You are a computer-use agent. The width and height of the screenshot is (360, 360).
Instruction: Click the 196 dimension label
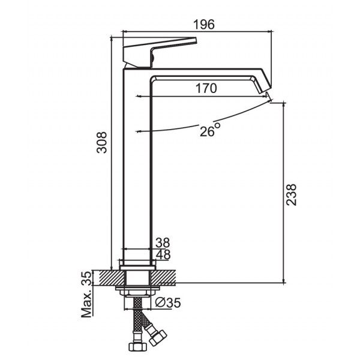pos(204,25)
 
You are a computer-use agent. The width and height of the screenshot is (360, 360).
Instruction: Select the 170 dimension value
pos(206,88)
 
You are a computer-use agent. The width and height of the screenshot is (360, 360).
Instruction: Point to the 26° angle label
pos(210,130)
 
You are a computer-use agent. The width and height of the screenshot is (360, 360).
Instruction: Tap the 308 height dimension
pos(102,142)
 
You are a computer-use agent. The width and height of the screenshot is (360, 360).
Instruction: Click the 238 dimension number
pos(292,194)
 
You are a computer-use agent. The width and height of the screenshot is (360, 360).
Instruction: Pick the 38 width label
pos(163,242)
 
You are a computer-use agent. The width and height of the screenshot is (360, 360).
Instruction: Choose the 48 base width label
pos(163,254)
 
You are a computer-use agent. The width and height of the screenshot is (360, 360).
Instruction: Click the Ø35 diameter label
pos(168,302)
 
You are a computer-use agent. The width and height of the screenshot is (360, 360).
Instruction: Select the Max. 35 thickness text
pos(86,295)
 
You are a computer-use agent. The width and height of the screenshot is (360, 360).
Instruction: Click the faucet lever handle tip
pos(196,40)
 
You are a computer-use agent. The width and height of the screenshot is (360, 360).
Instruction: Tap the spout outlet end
pos(265,90)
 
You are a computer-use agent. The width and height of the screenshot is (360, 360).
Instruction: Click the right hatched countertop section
pos(163,278)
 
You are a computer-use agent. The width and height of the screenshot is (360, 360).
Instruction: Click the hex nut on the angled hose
pos(157,338)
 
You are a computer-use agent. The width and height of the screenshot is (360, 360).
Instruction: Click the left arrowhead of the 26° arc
pos(137,131)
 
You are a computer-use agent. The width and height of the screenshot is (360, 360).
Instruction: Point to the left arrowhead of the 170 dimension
pos(138,96)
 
